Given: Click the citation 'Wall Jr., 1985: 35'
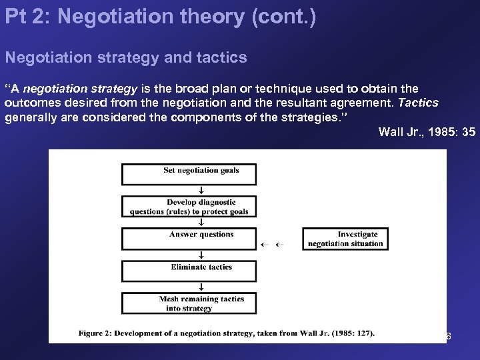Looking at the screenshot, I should [427, 131].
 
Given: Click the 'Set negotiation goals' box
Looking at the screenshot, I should [189, 173].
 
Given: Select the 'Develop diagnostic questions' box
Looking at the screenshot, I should [189, 207].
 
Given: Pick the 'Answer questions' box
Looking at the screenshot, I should [189, 239].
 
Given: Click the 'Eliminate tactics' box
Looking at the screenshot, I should [189, 271].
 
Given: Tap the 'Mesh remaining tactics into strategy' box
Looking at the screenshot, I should [189, 303].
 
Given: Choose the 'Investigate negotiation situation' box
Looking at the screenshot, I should [345, 239].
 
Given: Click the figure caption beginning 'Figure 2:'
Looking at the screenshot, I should [227, 333].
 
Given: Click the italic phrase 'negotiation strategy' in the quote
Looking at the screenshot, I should [81, 89].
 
